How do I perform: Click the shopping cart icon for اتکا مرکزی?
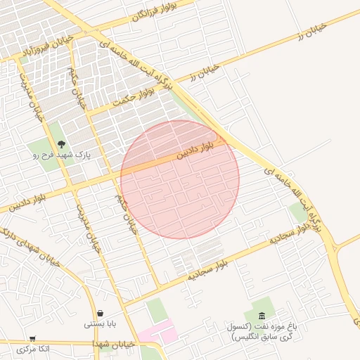point(33,338)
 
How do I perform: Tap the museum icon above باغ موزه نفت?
point(262,316)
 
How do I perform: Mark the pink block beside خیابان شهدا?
point(157,330)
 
